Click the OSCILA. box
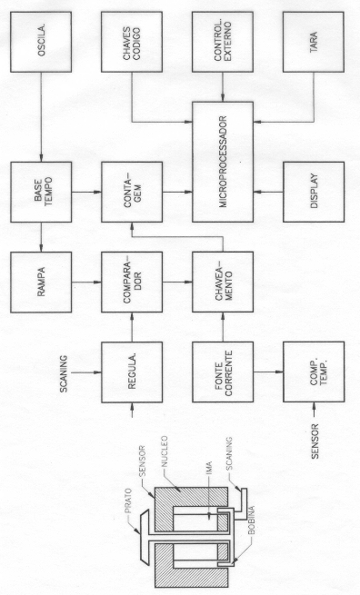point(41,42)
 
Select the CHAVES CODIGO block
point(132,42)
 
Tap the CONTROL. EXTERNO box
point(223,42)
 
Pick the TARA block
point(314,42)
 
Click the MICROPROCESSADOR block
point(223,162)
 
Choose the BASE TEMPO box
point(41,192)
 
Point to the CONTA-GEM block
point(132,192)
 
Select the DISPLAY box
point(314,192)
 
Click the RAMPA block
point(41,282)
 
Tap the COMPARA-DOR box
point(132,282)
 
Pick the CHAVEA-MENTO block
point(223,282)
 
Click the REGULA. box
point(132,372)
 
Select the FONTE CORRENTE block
point(223,372)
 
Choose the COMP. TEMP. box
point(314,372)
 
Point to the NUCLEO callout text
point(165,452)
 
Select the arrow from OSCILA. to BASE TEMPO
point(41,117)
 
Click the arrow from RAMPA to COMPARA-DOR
point(86,282)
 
